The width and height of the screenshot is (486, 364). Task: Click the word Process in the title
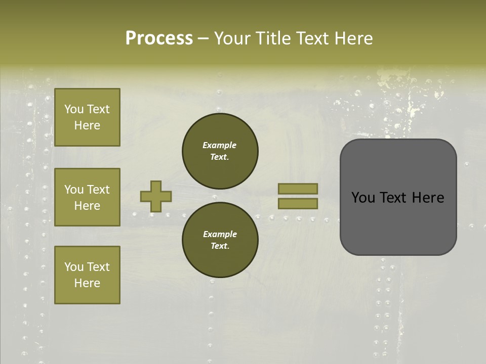(159, 38)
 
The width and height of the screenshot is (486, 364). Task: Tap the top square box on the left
(87, 117)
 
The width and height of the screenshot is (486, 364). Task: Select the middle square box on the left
(87, 197)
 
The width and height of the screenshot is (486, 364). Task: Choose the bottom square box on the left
(87, 275)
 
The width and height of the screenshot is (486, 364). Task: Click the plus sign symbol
(156, 196)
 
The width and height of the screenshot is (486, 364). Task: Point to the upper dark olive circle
(220, 151)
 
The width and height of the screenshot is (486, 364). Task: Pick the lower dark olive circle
(220, 240)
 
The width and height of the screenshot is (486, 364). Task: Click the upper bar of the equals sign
(298, 189)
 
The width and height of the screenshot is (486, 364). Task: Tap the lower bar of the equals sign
(298, 203)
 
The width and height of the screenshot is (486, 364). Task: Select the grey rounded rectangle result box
(398, 197)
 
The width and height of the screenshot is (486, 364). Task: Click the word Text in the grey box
(395, 198)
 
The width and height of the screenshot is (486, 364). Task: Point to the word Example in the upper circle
(219, 146)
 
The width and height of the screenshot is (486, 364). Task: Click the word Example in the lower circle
(220, 235)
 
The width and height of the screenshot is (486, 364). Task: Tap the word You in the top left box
(73, 109)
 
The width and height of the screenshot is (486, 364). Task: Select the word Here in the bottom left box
(87, 283)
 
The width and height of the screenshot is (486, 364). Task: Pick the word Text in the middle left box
(98, 190)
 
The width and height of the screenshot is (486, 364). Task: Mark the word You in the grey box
(363, 198)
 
